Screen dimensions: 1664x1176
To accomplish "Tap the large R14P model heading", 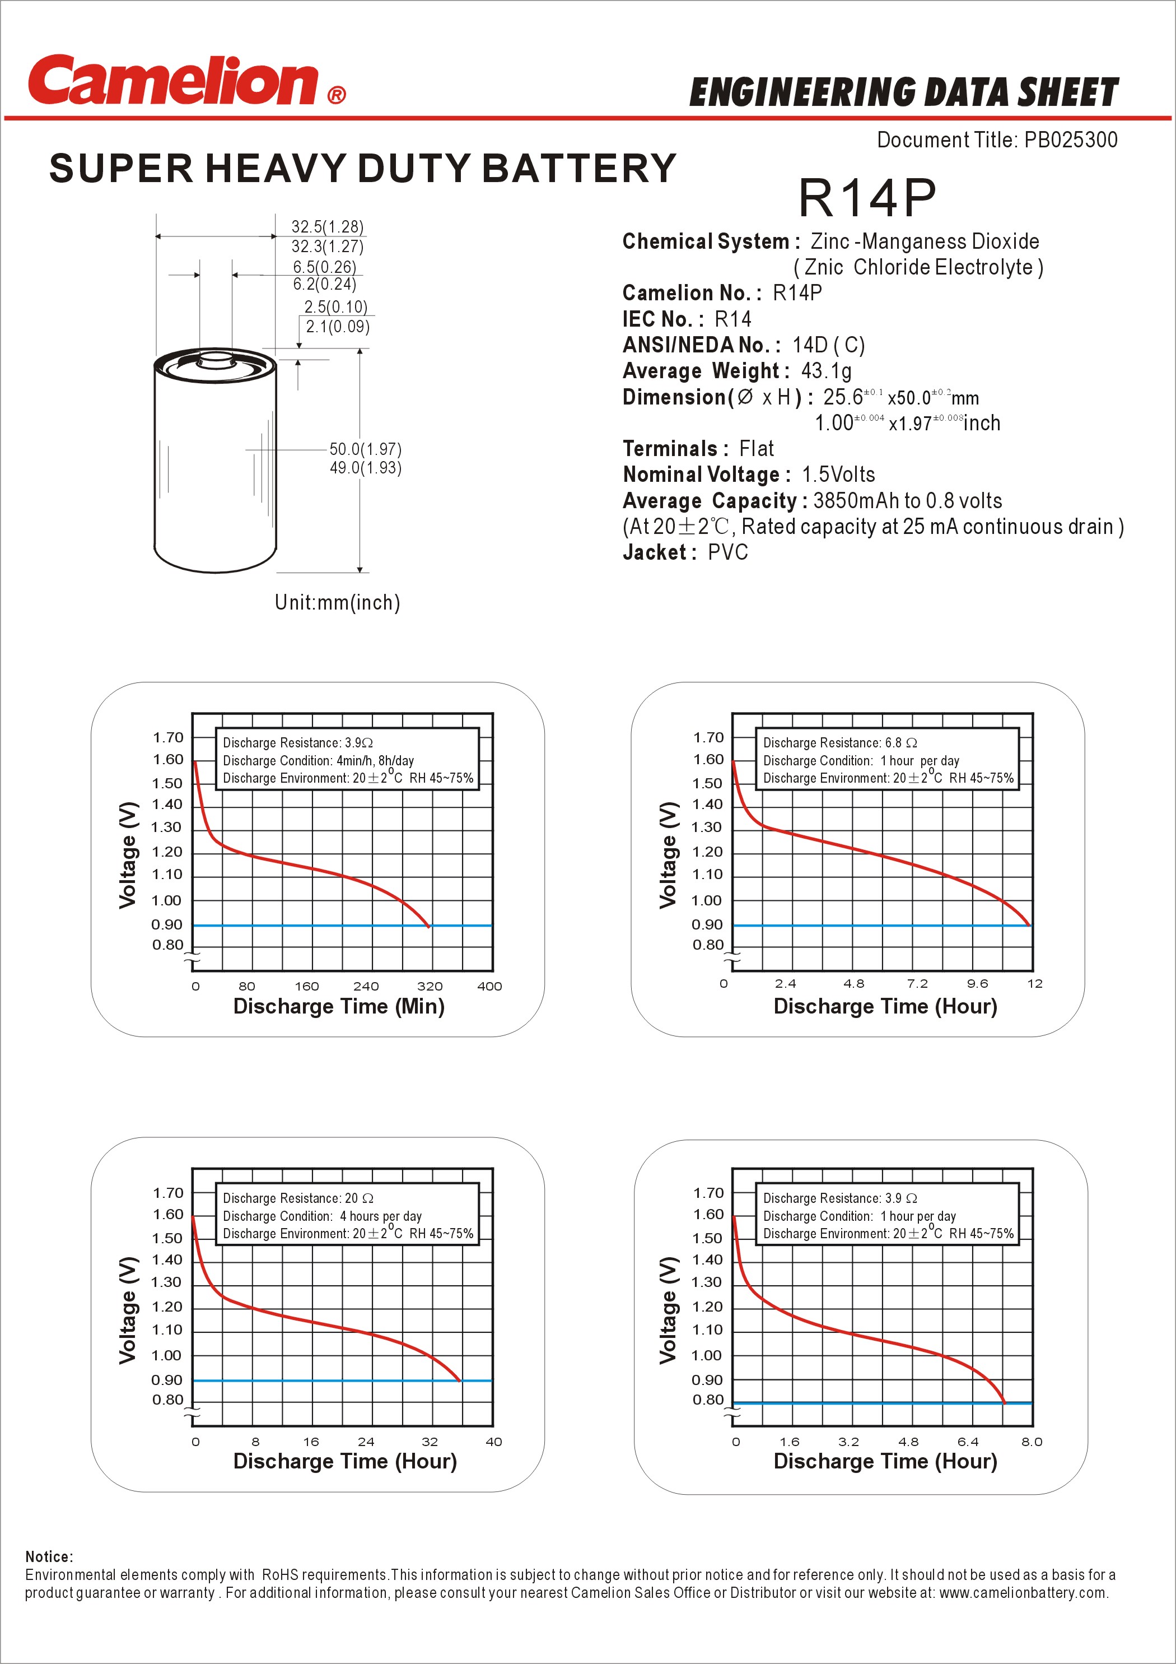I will [x=867, y=198].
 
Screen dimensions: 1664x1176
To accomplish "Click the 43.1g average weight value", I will [x=826, y=371].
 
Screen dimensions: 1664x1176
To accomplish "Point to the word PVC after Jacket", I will [x=727, y=552].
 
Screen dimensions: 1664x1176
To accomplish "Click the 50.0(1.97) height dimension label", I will [x=365, y=449].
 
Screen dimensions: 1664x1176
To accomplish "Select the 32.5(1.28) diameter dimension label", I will [x=328, y=227].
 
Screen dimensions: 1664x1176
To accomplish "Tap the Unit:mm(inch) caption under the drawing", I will [x=337, y=602].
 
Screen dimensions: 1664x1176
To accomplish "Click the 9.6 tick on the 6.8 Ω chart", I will [x=977, y=983].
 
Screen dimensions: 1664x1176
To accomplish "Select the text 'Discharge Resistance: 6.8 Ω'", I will [x=840, y=743].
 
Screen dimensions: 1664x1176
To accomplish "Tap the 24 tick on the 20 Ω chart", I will [x=366, y=1442].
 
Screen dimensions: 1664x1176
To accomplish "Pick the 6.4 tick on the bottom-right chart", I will [x=967, y=1442].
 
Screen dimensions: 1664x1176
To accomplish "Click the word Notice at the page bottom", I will [x=49, y=1557].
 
